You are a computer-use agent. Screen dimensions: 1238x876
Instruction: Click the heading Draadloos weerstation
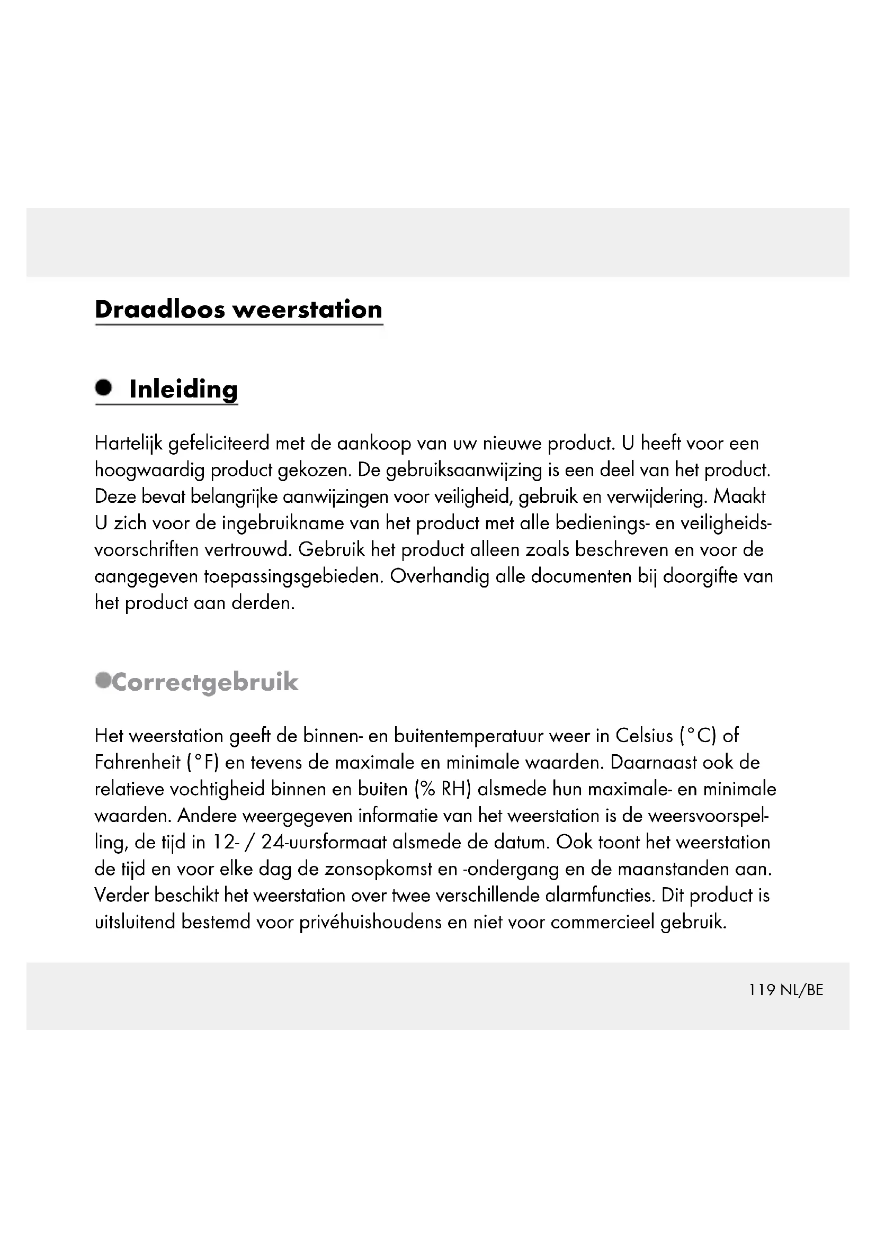[238, 310]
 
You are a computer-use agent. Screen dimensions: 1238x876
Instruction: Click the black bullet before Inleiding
[103, 387]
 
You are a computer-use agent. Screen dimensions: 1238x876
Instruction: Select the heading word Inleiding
[183, 390]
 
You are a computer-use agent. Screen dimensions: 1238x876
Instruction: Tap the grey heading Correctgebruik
[204, 682]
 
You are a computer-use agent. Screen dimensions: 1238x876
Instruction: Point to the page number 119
[762, 990]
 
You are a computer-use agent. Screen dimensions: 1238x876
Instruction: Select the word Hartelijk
[128, 444]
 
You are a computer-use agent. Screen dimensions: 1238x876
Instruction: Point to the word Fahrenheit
[137, 762]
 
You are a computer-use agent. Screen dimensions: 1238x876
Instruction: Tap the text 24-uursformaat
[324, 842]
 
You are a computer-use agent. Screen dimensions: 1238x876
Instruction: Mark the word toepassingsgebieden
[293, 576]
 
